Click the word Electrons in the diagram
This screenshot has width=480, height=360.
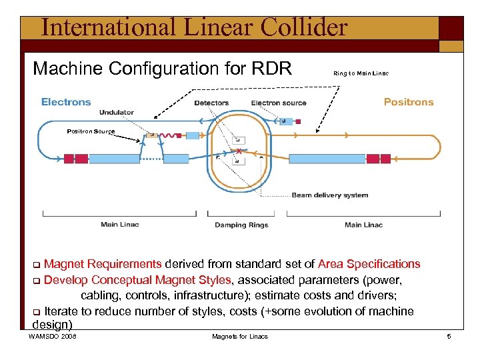(x=66, y=102)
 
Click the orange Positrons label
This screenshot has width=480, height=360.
(x=408, y=102)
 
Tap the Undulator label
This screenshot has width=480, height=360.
(x=117, y=112)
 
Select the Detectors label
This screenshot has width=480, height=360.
(x=211, y=103)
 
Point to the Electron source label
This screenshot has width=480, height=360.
(x=279, y=103)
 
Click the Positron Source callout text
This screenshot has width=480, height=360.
(x=91, y=131)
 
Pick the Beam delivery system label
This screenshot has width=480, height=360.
(x=329, y=195)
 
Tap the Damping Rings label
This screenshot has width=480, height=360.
(x=241, y=225)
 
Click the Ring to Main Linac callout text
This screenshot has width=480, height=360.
(x=361, y=73)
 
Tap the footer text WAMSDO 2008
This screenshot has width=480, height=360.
(x=53, y=337)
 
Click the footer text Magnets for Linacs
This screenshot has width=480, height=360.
(x=240, y=337)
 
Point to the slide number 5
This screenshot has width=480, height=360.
(x=449, y=337)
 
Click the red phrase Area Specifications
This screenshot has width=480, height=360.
(x=369, y=265)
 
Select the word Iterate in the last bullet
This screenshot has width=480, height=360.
(x=65, y=311)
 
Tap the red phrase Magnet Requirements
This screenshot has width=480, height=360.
(x=103, y=265)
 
